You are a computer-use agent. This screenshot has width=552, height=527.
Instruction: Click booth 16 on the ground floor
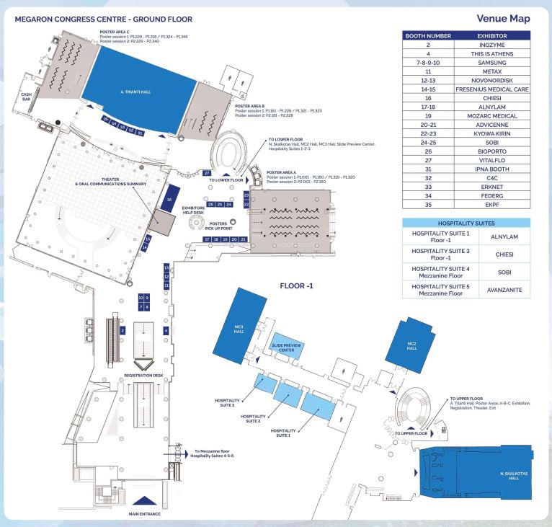(169, 202)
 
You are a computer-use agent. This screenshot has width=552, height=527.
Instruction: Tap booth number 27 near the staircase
(207, 174)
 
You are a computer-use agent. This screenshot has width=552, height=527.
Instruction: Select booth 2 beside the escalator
(123, 330)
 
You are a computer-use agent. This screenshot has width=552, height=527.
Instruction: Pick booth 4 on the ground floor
(166, 330)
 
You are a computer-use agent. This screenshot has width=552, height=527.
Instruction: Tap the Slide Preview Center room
(286, 348)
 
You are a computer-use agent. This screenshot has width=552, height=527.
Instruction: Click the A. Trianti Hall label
(135, 92)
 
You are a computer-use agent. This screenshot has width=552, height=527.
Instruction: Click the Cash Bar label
(27, 97)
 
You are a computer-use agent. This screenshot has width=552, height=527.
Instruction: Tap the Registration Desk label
(143, 376)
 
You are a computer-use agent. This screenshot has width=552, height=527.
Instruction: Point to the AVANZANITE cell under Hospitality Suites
(504, 291)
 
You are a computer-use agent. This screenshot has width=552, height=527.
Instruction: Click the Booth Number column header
(428, 35)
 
